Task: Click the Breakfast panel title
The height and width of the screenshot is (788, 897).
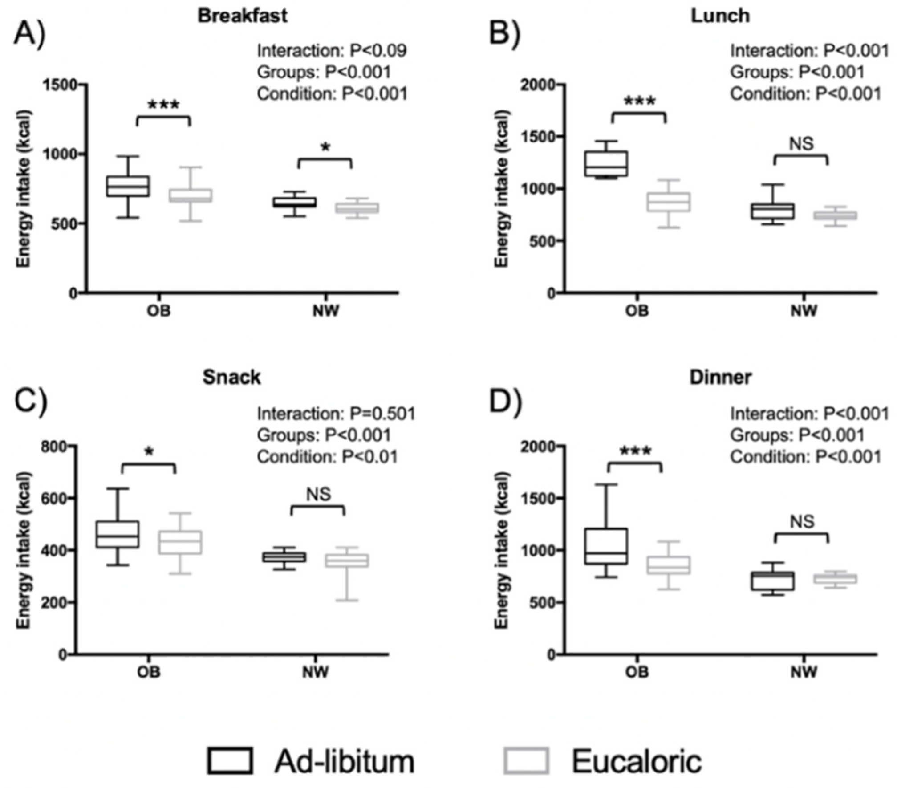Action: [x=243, y=16]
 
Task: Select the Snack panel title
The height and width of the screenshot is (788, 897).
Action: [x=231, y=377]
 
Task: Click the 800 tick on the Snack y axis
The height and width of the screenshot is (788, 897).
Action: [x=55, y=446]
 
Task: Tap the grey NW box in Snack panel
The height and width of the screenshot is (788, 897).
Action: [x=347, y=561]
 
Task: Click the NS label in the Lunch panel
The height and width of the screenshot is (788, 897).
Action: [x=801, y=144]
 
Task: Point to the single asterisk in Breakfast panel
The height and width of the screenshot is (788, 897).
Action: [x=325, y=147]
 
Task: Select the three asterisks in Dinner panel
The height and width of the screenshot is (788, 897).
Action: [x=635, y=451]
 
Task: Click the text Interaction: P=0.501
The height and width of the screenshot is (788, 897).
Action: [x=336, y=414]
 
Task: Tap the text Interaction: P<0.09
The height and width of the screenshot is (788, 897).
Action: [x=332, y=51]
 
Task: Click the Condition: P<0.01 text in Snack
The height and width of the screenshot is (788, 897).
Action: [x=327, y=457]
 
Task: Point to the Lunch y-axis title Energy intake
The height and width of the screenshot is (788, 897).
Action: [x=501, y=189]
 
